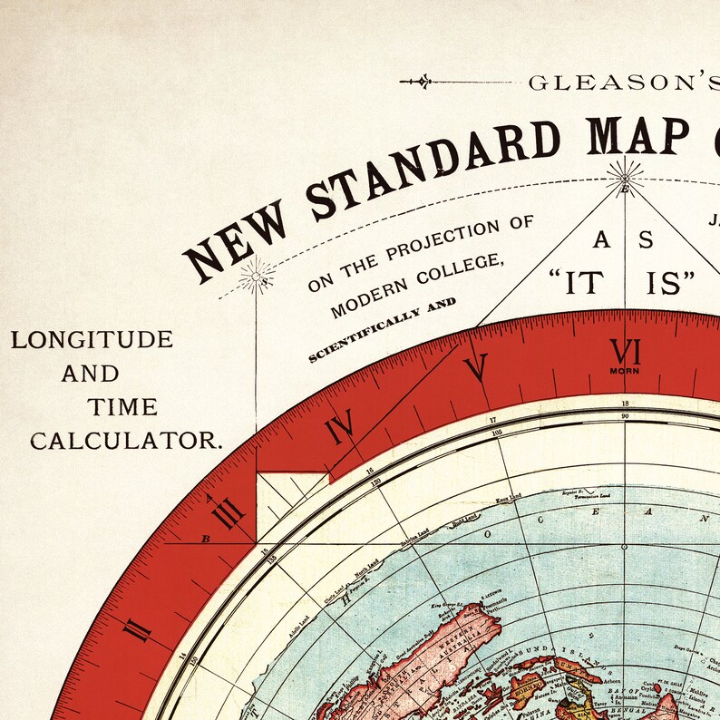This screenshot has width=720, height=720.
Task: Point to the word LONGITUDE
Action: tap(92, 340)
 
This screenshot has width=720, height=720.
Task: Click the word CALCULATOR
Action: tap(126, 442)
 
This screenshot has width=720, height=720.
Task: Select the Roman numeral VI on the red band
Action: tap(626, 351)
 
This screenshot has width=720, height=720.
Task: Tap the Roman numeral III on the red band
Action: tap(229, 517)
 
